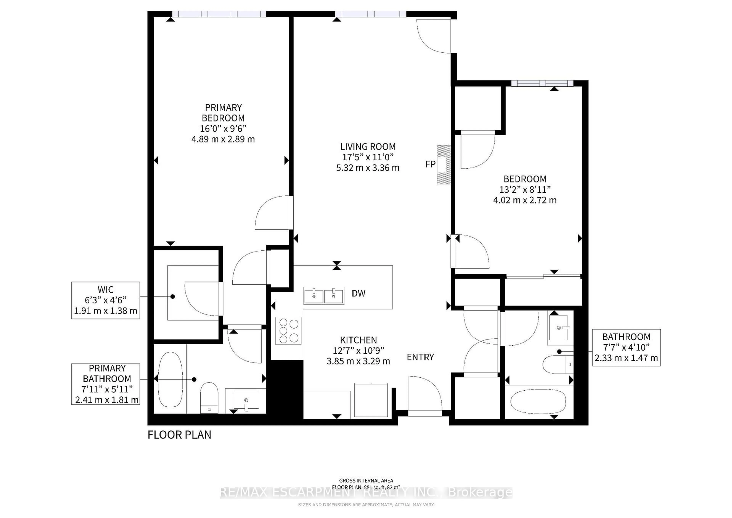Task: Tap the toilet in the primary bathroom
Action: pos(209,397)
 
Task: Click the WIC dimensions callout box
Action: pos(106,300)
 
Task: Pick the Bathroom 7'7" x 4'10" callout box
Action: pos(626,347)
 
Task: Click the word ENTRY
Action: pos(420,357)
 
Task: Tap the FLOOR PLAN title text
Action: pos(179,435)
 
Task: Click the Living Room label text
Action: pos(368,147)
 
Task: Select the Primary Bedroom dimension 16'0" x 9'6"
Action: pos(223,129)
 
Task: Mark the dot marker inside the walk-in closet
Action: pos(173,296)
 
